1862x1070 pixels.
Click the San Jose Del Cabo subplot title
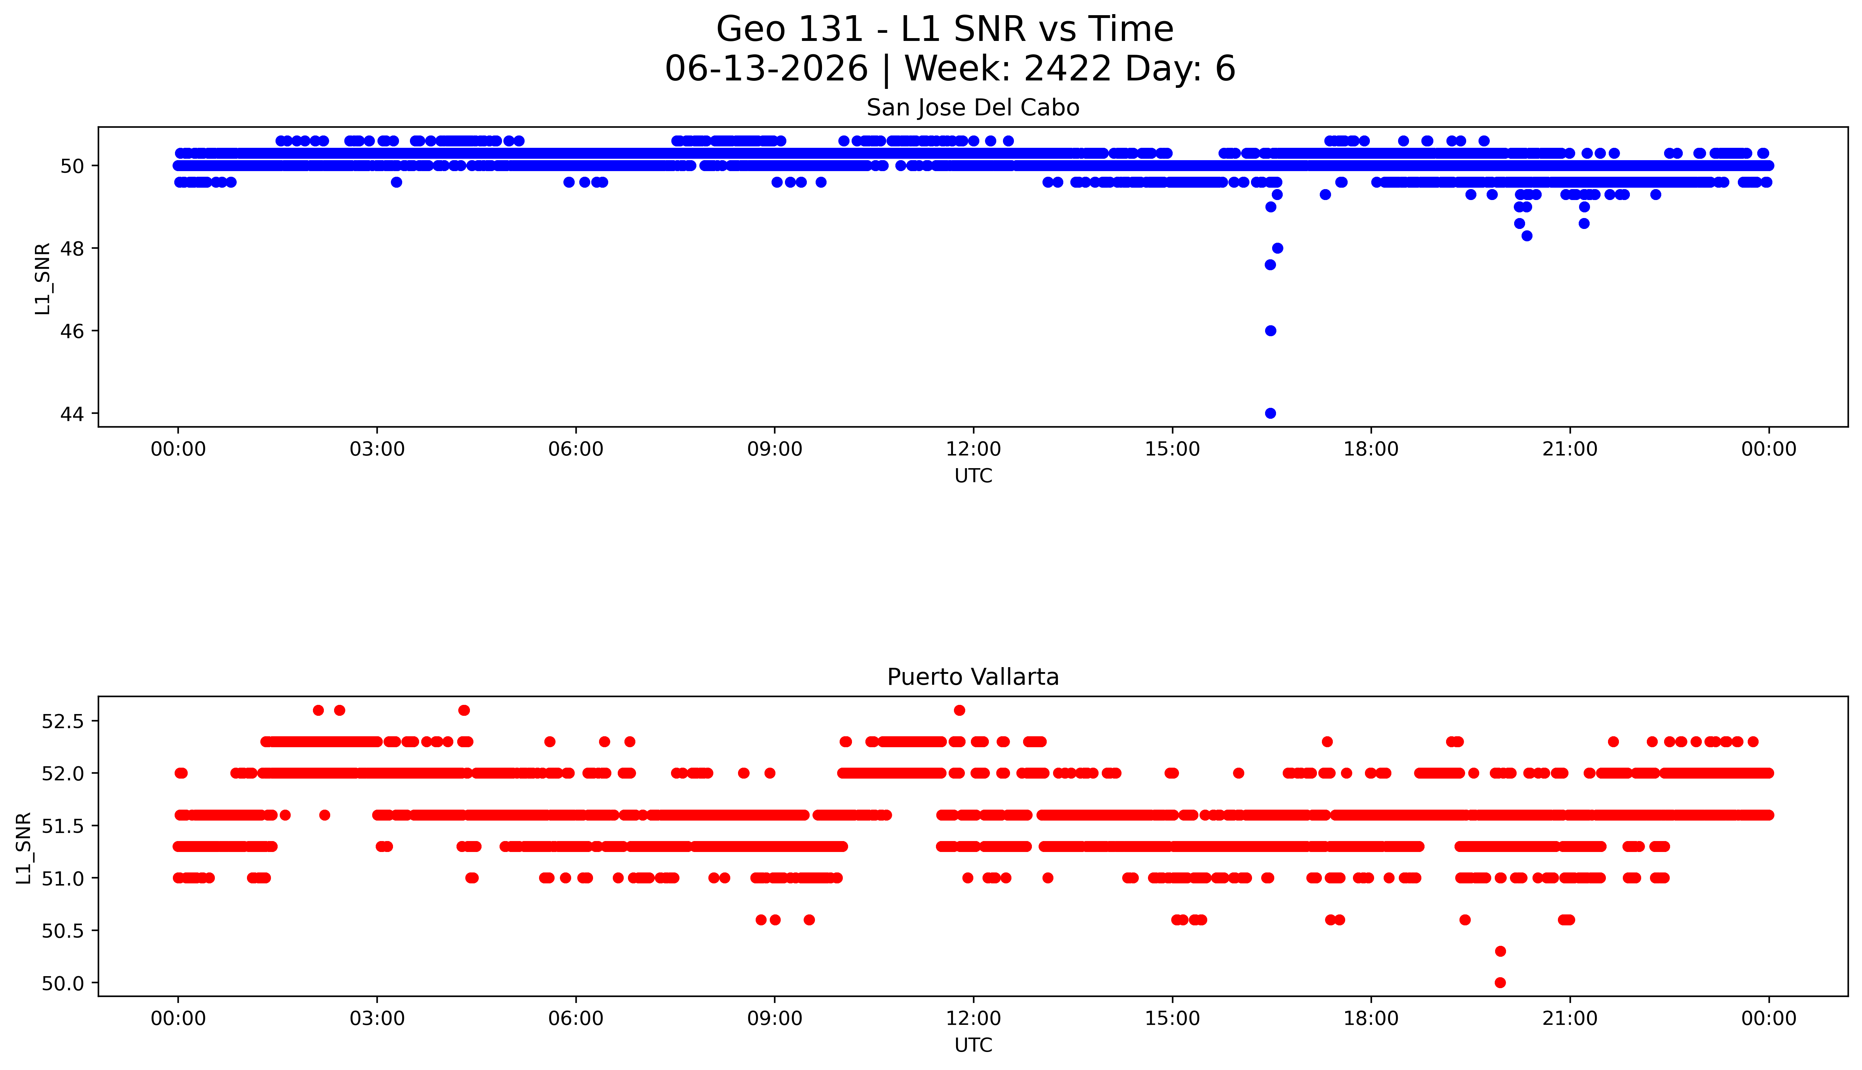(x=973, y=108)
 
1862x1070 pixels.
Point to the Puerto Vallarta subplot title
(x=973, y=677)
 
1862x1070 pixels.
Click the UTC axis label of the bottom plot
(x=973, y=1045)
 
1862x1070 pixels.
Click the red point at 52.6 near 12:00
(x=959, y=710)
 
